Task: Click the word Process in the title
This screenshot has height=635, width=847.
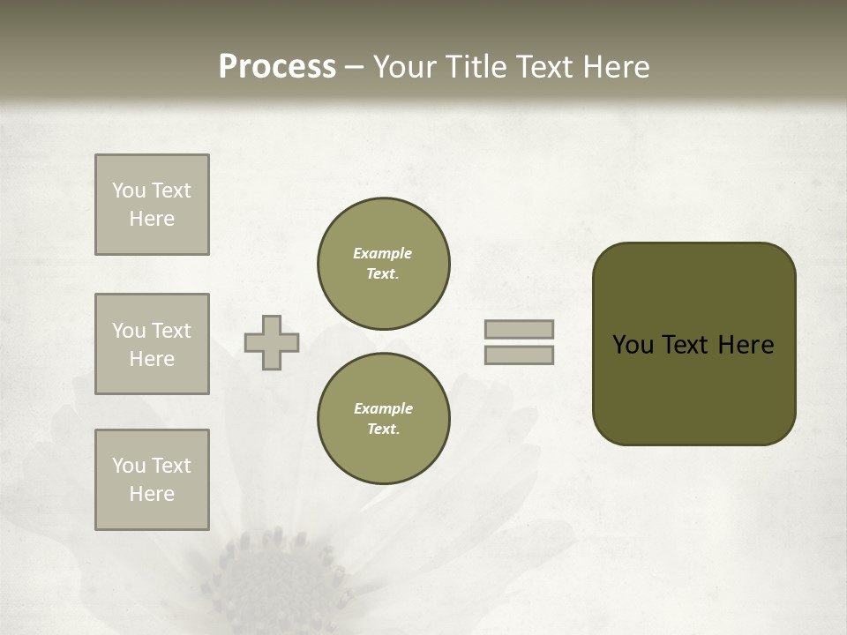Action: coord(277,67)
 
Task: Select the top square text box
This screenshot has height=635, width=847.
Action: coord(152,205)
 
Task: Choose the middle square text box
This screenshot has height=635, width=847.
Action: coord(152,344)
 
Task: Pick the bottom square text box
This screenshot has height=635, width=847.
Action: coord(152,480)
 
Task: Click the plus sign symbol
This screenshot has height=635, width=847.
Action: coord(272,342)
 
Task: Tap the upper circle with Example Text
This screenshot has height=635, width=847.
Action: coord(384,263)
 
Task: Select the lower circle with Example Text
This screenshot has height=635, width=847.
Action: coord(384,418)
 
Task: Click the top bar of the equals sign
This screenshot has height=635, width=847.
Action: coord(519,329)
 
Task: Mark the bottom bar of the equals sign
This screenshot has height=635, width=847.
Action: coord(519,355)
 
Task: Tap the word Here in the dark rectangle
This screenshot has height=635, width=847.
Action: coord(746,345)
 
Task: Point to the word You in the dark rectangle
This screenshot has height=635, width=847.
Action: coord(633,345)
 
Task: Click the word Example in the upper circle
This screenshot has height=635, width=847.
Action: coord(383,253)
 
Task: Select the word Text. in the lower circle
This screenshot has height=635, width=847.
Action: coord(383,429)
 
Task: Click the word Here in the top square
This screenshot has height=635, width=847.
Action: coord(152,219)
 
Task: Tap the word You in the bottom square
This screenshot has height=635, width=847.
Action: coord(129,466)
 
